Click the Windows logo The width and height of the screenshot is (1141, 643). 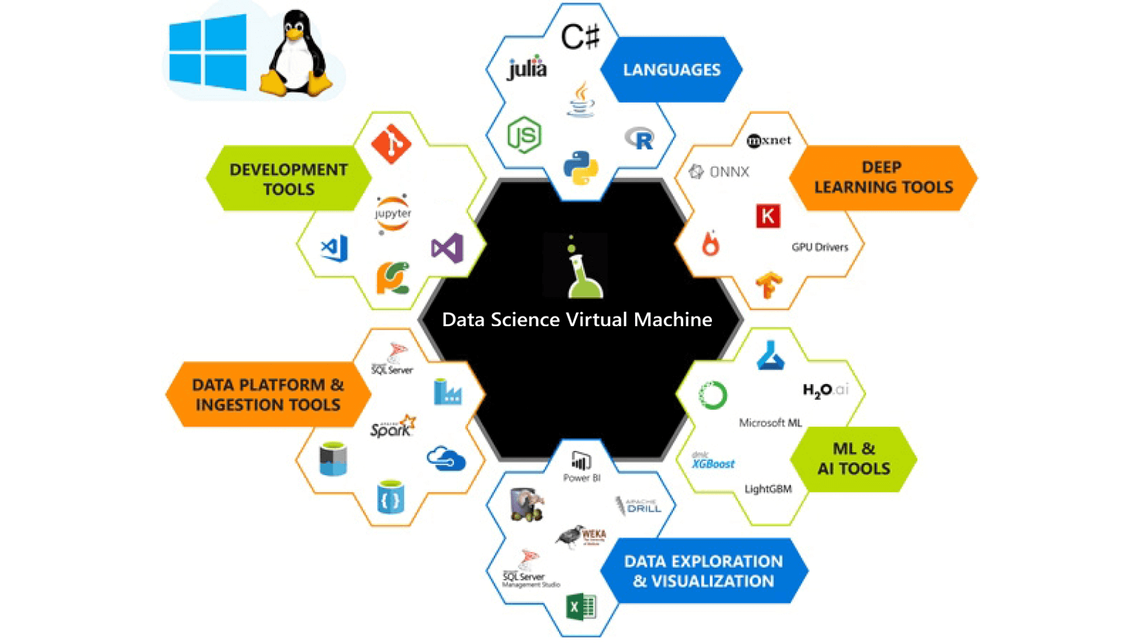(207, 53)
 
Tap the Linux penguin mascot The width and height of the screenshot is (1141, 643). (296, 54)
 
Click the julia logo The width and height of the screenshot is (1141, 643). (527, 68)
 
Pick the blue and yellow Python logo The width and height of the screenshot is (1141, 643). (581, 168)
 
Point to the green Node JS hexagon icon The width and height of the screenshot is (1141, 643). (524, 135)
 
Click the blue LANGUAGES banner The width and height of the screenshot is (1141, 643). (671, 69)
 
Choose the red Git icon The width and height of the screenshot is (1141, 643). (391, 144)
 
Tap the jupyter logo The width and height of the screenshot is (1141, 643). (393, 214)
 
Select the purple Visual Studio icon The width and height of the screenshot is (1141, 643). (447, 248)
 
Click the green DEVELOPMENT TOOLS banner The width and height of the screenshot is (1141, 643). (288, 179)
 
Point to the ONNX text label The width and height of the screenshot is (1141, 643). (720, 172)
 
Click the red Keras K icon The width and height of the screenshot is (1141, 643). (768, 216)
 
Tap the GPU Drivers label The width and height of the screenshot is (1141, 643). (819, 247)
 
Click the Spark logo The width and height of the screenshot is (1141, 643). (393, 427)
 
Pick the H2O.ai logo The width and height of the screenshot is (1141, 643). (824, 390)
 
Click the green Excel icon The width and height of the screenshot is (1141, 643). (581, 606)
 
